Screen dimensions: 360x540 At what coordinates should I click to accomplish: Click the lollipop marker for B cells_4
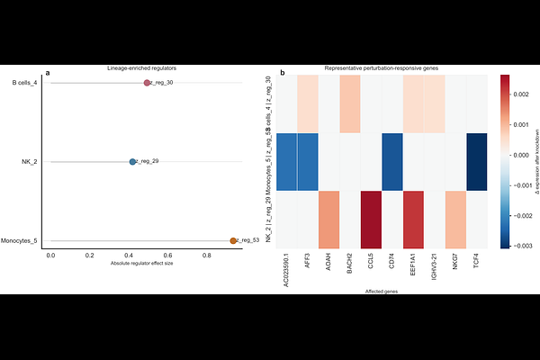(147, 83)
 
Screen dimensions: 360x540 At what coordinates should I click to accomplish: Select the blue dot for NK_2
(132, 162)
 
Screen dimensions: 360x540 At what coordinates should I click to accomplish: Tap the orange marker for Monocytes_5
(233, 240)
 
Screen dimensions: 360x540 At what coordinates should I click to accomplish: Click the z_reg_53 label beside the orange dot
(248, 240)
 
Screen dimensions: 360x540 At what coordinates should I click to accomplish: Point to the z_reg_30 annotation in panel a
(162, 83)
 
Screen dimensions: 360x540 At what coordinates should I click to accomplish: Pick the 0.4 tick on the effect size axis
(129, 256)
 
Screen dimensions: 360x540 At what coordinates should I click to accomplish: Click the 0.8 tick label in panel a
(207, 256)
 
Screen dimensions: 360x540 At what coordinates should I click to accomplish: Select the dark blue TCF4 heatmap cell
(478, 162)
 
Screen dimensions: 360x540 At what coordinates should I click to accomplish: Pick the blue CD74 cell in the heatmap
(392, 162)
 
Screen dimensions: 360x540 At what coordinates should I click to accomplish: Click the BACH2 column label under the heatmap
(351, 266)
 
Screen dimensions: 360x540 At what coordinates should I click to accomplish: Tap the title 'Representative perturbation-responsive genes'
(382, 68)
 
